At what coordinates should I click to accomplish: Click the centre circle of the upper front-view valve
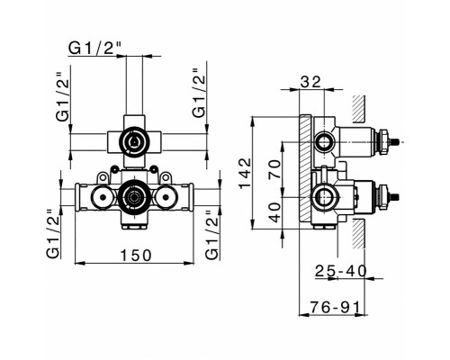[134, 140]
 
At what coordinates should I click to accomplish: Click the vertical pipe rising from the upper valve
[134, 85]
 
